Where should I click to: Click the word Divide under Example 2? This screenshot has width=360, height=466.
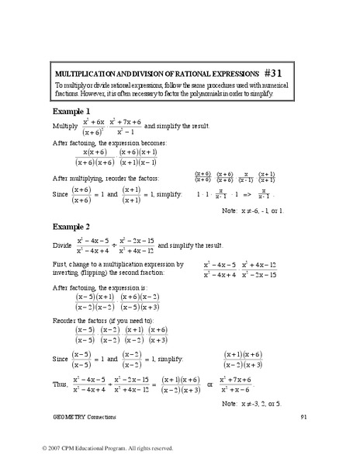(x=64, y=244)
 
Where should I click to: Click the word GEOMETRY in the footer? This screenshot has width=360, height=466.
(x=71, y=417)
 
